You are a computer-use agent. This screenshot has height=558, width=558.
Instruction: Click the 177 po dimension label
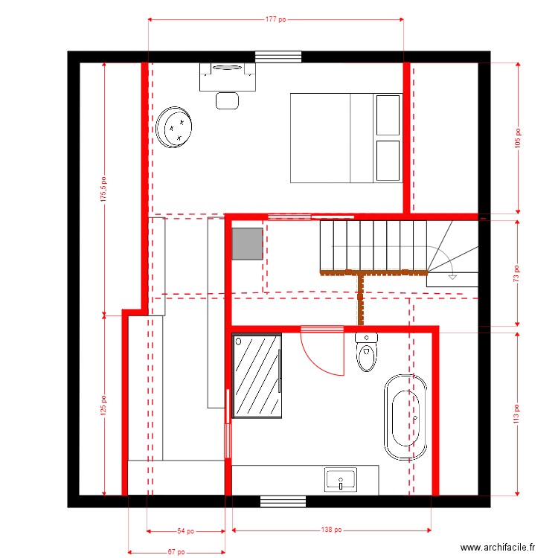point(276,20)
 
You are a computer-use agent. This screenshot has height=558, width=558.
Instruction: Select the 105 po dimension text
point(518,137)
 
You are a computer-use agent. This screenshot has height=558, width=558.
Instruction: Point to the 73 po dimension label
point(518,272)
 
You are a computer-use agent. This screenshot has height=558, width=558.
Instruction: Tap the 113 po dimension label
point(518,413)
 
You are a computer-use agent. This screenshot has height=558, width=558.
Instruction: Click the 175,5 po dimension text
point(104,189)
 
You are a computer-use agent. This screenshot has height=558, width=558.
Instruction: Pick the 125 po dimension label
point(104,405)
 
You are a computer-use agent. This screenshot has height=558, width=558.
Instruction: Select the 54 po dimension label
point(186,531)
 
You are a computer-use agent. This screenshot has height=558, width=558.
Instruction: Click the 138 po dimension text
point(331,530)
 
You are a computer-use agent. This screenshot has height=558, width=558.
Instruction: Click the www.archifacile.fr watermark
point(498,547)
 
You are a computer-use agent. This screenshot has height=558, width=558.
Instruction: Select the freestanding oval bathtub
point(405,418)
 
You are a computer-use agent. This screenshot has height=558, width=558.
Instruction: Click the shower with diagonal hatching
point(257,376)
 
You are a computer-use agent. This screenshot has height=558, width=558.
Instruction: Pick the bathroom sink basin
point(341,479)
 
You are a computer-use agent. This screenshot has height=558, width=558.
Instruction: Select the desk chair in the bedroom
point(228,100)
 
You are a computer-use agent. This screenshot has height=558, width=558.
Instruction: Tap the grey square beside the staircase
point(247,243)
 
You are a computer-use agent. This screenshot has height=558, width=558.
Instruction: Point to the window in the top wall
point(278,57)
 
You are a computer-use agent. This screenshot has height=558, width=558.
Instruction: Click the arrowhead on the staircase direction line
point(452,277)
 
